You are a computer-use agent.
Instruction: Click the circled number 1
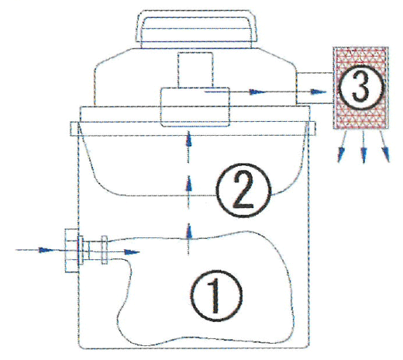[x=216, y=296]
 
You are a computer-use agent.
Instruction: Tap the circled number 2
[x=243, y=190]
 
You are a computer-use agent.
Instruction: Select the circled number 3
[x=361, y=87]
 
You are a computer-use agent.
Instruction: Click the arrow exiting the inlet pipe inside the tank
[x=132, y=252]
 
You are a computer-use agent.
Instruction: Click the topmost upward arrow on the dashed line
[x=189, y=140]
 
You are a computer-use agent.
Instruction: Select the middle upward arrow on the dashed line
[x=189, y=183]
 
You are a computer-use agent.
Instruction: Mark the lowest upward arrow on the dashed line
[x=189, y=231]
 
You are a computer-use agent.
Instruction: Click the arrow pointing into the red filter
[x=318, y=92]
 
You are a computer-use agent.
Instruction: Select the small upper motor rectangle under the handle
[x=195, y=70]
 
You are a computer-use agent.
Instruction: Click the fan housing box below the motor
[x=195, y=107]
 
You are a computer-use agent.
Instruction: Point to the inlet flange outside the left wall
[x=71, y=251]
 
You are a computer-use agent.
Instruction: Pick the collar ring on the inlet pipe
[x=105, y=250]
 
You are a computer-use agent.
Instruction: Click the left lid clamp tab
[x=74, y=129]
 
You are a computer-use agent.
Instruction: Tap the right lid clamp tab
[x=312, y=129]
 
